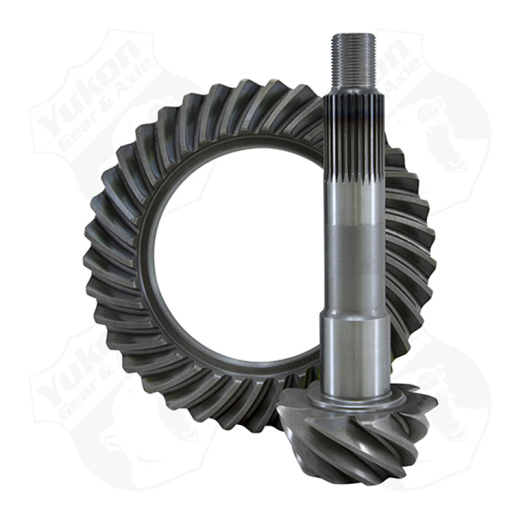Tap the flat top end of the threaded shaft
click(353, 35)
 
